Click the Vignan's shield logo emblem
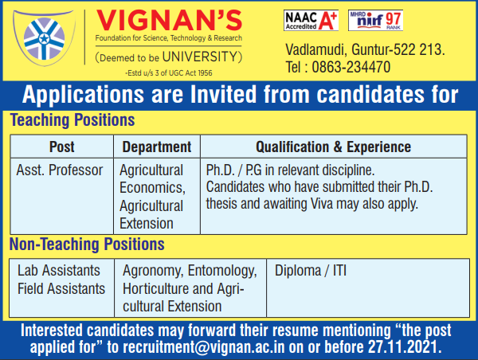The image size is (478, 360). tap(44, 37)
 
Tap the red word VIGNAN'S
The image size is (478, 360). tap(169, 21)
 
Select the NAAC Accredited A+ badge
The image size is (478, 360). tap(311, 20)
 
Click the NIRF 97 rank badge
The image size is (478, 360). tap(375, 20)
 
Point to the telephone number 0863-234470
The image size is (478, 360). tap(351, 67)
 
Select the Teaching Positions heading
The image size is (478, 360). tap(72, 120)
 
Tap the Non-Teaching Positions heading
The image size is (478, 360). tap(87, 245)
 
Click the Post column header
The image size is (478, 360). tap(62, 147)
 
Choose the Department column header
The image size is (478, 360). tap(157, 147)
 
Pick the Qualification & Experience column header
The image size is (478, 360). tap(334, 147)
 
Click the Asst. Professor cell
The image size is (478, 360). tap(60, 170)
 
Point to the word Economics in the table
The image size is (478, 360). tap(152, 187)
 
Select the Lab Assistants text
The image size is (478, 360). tap(59, 270)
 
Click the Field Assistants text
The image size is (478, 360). tap(61, 288)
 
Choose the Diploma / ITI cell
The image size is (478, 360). tap(311, 271)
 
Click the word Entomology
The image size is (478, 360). tap(222, 271)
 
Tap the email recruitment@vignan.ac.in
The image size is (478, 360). tap(204, 347)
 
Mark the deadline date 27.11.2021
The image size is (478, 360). tap(405, 346)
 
